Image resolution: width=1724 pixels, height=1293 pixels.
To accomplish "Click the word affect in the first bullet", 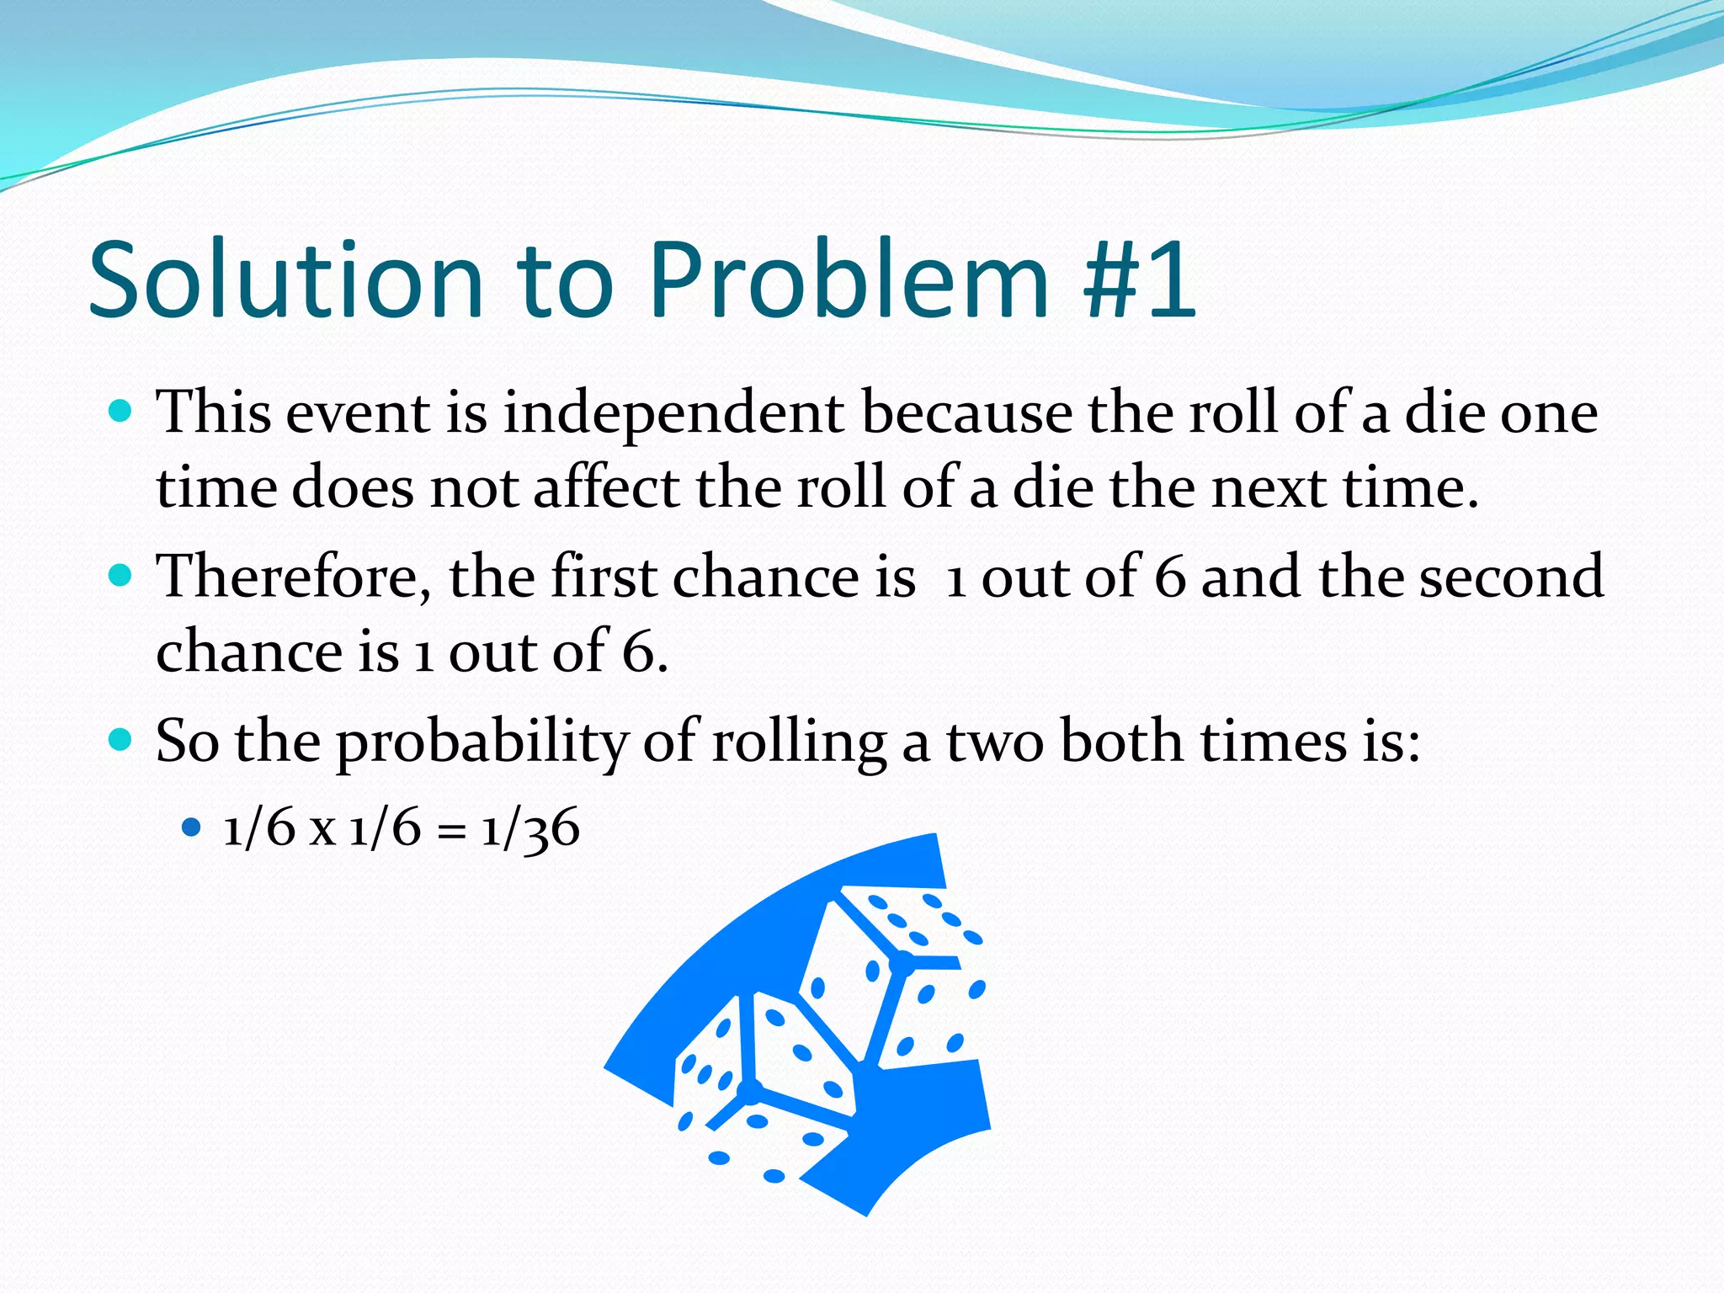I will click(x=606, y=488).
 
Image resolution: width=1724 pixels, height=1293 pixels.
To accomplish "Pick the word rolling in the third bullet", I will click(x=799, y=742).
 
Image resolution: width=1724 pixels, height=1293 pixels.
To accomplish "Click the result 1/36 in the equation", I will click(x=530, y=828).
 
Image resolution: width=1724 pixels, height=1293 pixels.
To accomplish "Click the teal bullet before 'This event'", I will click(x=121, y=412).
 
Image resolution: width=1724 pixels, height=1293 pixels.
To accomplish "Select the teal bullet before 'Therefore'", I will click(x=121, y=576).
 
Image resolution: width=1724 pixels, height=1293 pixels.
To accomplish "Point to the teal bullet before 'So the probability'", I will click(x=121, y=740).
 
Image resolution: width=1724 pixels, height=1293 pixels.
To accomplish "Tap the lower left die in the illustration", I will click(x=762, y=1086).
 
